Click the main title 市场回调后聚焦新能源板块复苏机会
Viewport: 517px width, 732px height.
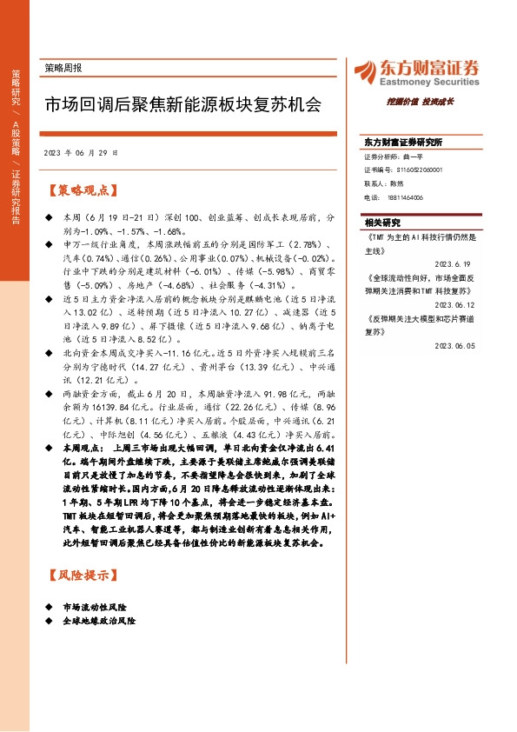tap(182, 105)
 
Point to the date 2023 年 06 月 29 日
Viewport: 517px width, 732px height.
tap(81, 152)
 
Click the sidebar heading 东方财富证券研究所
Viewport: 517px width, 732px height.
tap(403, 142)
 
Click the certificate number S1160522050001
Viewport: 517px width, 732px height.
tap(414, 170)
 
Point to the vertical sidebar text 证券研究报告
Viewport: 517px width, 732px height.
tap(17, 196)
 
